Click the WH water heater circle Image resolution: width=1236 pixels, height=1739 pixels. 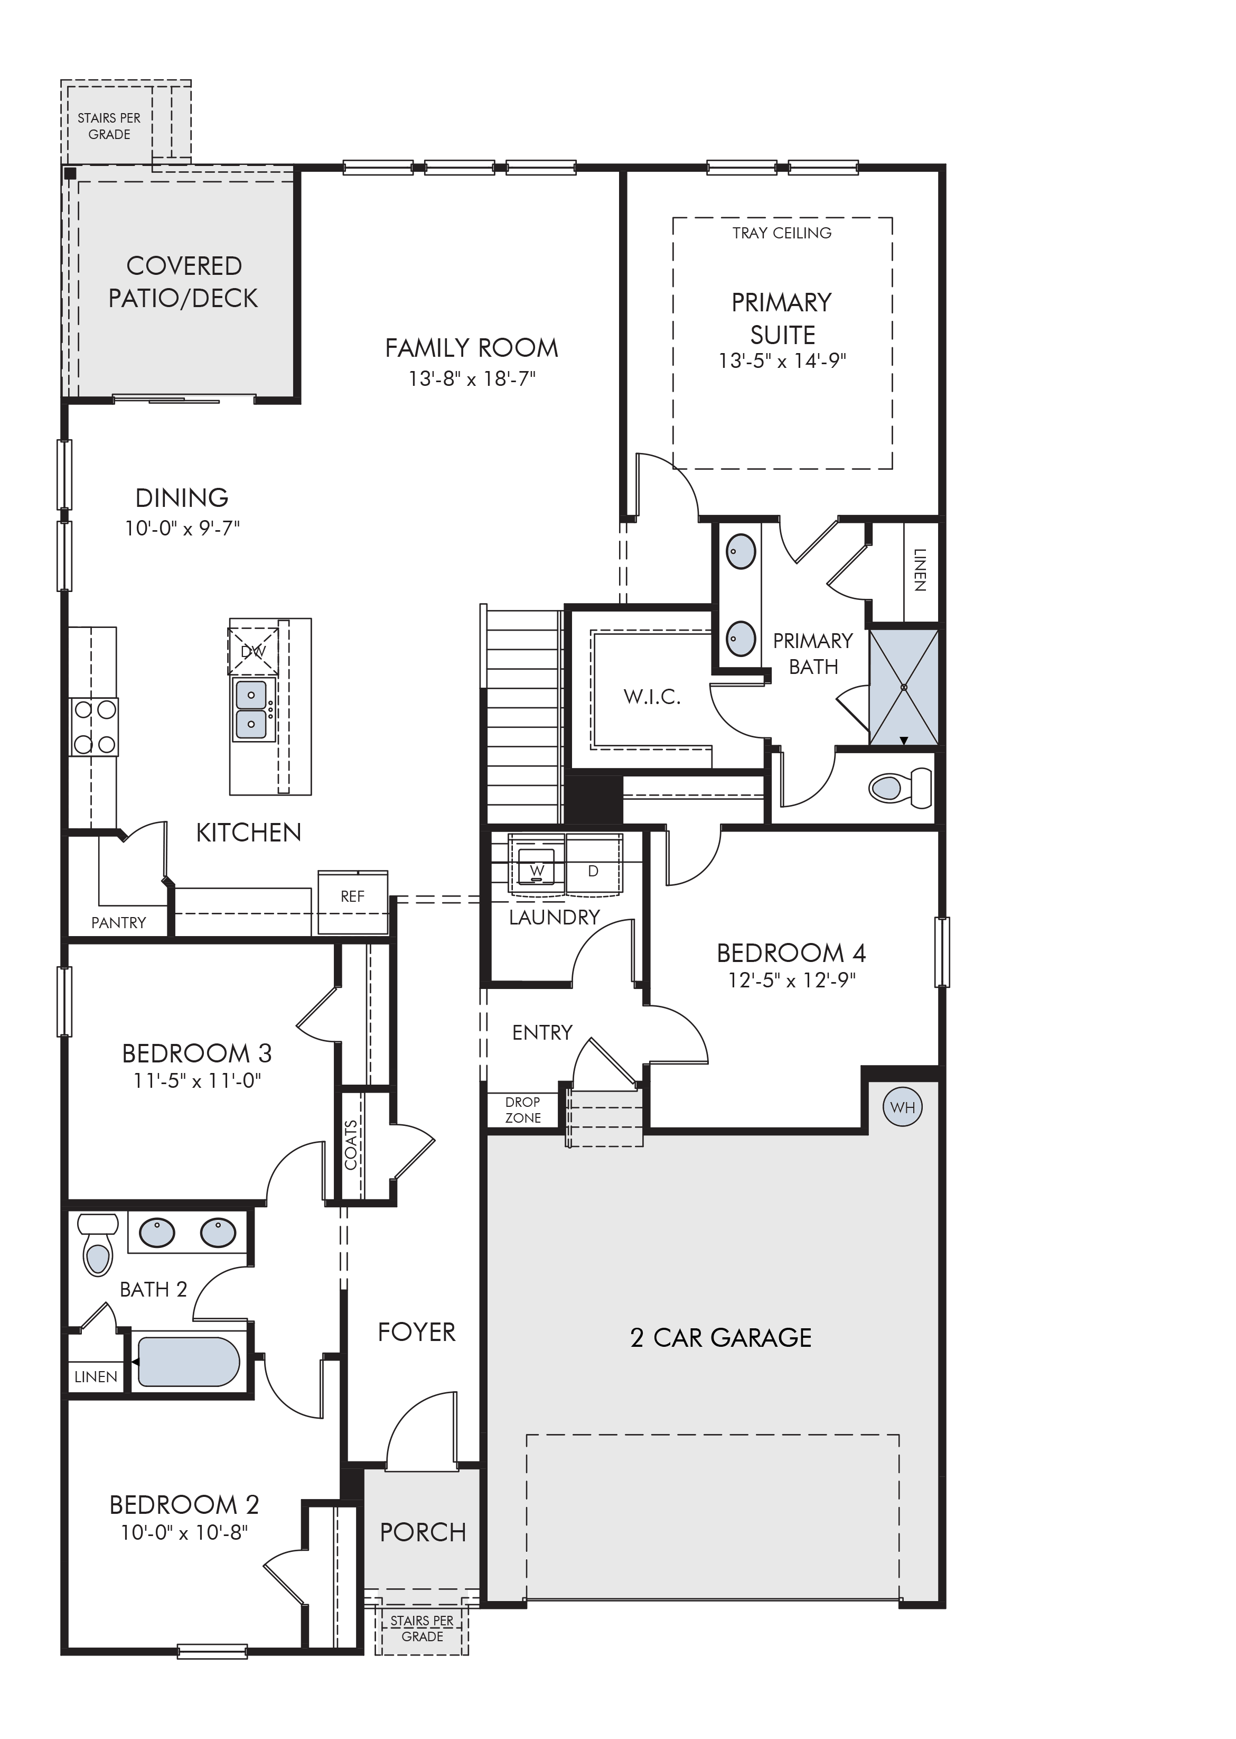tap(903, 1108)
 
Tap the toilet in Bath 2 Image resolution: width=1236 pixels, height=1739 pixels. tap(97, 1244)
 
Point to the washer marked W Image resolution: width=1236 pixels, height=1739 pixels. tap(537, 870)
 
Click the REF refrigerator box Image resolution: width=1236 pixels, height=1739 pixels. tap(352, 902)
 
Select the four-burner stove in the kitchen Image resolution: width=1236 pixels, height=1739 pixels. tap(93, 727)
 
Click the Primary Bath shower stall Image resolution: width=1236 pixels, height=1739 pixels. tap(904, 688)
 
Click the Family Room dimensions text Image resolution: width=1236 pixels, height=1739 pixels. tap(472, 378)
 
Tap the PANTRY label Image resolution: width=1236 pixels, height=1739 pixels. tap(119, 923)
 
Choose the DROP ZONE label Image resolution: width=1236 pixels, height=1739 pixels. tap(523, 1110)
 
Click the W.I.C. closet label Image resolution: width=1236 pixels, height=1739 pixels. tap(652, 697)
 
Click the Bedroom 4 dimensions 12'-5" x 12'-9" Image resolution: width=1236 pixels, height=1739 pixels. tap(792, 980)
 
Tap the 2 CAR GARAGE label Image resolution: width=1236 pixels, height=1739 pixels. tap(721, 1338)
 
